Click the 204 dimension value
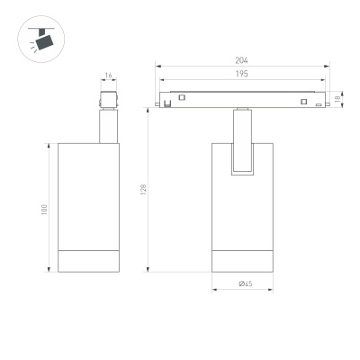tap(241, 60)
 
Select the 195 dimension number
tap(241, 75)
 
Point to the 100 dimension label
tap(42, 209)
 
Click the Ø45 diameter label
tap(244, 284)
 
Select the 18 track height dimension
tap(337, 98)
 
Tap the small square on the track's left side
tap(182, 97)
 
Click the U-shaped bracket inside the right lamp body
tap(243, 153)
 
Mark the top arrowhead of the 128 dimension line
tap(149, 108)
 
